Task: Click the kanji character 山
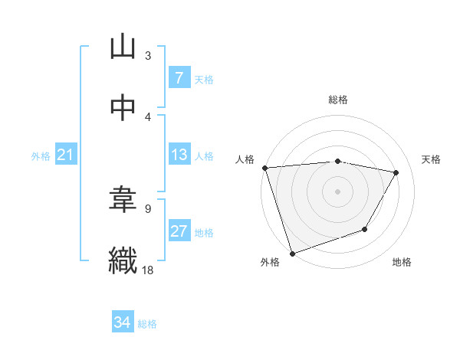[123, 47]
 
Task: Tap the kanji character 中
[123, 108]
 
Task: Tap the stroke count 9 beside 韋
[148, 208]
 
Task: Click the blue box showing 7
[179, 78]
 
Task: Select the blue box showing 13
[179, 155]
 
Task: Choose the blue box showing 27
[179, 231]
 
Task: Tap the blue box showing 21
[66, 155]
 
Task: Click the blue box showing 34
[122, 323]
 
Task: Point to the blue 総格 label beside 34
[147, 324]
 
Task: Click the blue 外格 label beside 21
[41, 156]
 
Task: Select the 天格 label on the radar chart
[432, 159]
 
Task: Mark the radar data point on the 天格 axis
[396, 172]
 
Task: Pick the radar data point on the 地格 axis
[366, 229]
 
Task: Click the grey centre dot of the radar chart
[337, 191]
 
